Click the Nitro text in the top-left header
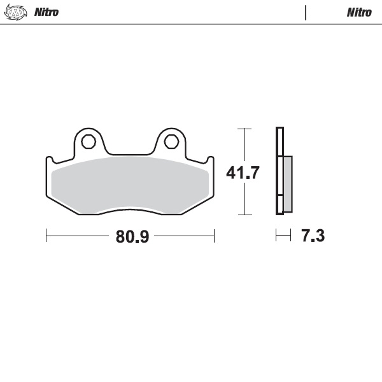47,12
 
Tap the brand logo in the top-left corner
17,12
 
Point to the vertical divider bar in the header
306,12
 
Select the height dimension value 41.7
243,172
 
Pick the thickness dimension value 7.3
313,236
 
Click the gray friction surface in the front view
131,185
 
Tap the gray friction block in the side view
287,184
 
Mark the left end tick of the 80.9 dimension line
46,236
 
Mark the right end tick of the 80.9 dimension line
215,236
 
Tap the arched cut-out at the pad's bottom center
131,211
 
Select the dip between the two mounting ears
131,153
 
